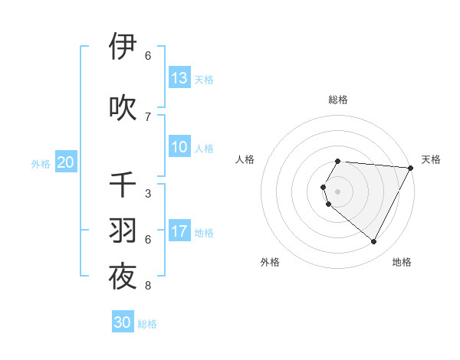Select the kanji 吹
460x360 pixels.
123,106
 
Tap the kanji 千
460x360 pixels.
123,185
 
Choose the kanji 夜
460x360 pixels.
123,277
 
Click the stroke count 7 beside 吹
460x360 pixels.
148,116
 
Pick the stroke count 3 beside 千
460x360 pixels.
148,194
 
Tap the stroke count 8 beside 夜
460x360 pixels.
148,286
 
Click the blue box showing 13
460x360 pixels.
179,77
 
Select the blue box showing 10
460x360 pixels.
179,147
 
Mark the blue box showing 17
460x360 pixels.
179,231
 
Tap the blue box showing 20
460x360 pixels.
65,162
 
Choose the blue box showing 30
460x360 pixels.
123,322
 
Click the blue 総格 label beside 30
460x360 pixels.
147,324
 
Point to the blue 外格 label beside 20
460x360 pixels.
41,163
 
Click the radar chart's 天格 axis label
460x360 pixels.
431,159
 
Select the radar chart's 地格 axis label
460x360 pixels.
402,262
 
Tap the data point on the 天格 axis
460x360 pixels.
410,168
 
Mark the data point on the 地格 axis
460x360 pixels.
373,242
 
